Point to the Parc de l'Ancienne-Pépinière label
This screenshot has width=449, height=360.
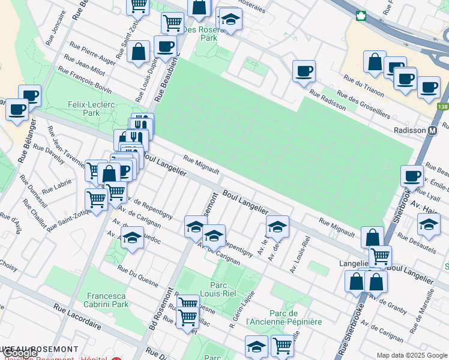pos(284,317)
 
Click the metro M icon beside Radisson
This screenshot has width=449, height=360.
pos(432,130)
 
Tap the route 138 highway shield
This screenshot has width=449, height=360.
pos(442,107)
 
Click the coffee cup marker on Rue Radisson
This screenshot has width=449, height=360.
pos(304,71)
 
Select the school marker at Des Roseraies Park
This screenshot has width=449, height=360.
pos(231,19)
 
